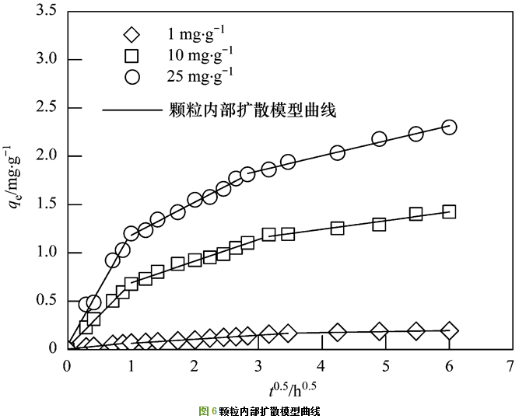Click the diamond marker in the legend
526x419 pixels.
coord(132,35)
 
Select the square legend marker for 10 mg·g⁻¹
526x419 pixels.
coord(132,55)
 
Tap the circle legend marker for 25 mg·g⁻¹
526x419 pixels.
coord(132,76)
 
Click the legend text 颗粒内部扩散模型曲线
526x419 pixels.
coord(252,110)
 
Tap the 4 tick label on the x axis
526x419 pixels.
coord(321,365)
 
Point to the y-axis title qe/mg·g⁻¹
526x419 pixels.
coord(16,180)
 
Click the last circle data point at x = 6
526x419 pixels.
coord(449,127)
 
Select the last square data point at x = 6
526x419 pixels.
coord(449,211)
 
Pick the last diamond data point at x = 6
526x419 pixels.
coord(449,331)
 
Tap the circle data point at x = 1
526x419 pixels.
coord(131,233)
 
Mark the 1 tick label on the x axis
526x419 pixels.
coord(131,365)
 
